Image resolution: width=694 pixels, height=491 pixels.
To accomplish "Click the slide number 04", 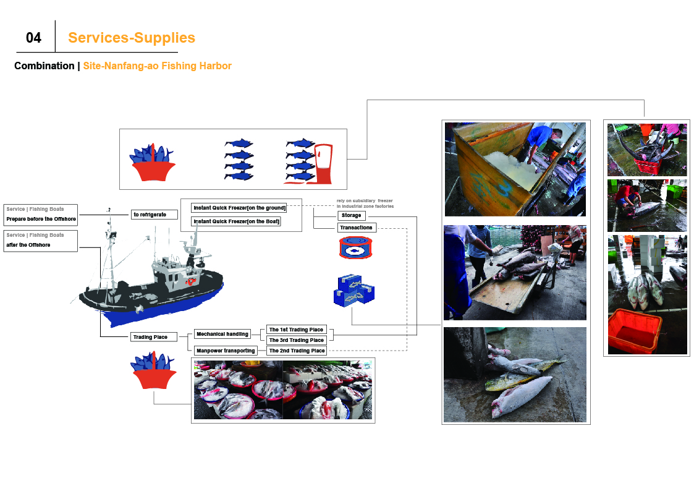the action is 33,38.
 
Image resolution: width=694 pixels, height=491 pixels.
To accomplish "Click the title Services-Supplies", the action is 132,38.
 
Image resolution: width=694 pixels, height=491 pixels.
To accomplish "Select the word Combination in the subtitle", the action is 44,66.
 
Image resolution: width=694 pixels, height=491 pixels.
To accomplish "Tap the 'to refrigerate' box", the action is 154,215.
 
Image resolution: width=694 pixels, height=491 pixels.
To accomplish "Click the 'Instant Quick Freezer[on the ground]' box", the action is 239,208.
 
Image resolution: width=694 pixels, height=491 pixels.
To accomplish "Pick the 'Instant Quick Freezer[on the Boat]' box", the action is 236,221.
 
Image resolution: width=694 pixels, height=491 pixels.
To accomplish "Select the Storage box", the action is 352,215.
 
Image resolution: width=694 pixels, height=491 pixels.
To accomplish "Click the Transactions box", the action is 357,228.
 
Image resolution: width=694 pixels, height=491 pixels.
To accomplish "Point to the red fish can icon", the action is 356,248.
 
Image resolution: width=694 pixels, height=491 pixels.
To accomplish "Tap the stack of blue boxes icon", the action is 354,291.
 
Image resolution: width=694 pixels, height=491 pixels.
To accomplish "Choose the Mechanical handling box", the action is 222,334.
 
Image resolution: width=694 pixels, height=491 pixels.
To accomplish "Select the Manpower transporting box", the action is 226,351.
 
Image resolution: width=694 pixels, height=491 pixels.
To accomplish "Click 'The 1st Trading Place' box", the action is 297,330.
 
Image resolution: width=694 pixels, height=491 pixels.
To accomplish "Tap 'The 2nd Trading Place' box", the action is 297,351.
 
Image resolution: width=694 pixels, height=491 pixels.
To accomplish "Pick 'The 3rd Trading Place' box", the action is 297,340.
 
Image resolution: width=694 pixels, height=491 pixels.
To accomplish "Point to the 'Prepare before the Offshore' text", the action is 41,219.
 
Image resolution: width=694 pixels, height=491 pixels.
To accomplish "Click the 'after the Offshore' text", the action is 28,245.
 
